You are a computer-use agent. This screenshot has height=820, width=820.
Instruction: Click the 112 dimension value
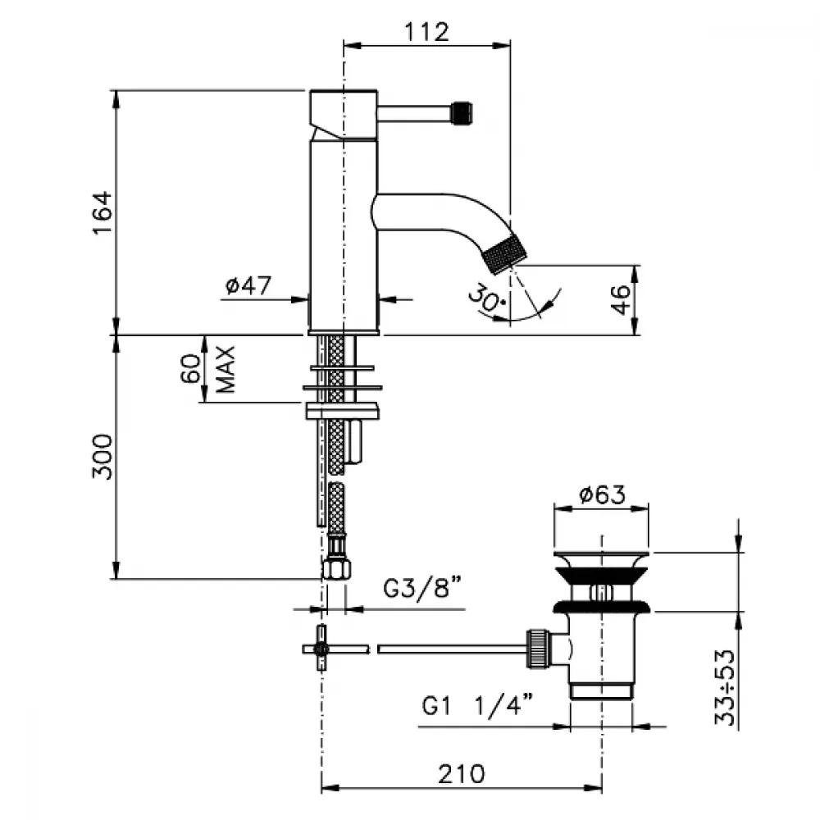(x=426, y=32)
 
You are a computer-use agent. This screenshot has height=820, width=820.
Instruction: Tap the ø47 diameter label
(x=248, y=285)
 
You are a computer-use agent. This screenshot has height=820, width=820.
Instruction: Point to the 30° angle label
(x=486, y=298)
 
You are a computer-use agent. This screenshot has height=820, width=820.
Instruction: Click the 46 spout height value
(x=622, y=299)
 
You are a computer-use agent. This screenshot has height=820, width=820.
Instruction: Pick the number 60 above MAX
(x=191, y=369)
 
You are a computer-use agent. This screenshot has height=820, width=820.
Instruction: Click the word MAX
(x=226, y=369)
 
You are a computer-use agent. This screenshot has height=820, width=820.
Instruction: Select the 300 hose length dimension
(x=102, y=457)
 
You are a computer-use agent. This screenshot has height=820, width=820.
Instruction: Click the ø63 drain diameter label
(x=602, y=494)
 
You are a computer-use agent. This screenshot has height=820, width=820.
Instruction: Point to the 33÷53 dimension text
(x=725, y=687)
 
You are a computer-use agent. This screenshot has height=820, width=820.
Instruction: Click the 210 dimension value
(x=461, y=774)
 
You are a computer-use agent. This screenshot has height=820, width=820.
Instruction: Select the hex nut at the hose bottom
(x=337, y=568)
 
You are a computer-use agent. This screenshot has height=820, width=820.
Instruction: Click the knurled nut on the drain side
(x=538, y=649)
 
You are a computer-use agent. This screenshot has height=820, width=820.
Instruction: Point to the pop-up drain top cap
(x=601, y=556)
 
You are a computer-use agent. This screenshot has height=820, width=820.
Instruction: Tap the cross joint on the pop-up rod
(x=321, y=649)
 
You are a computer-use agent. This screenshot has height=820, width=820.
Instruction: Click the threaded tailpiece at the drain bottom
(x=601, y=690)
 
